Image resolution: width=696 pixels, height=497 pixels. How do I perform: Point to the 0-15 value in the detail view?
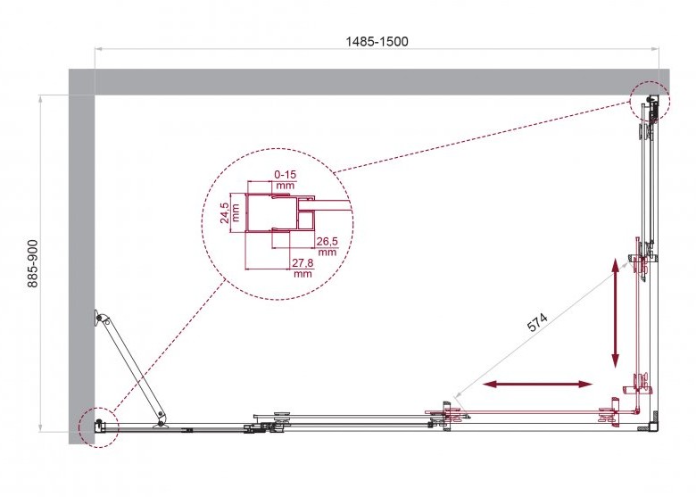coord(285,174)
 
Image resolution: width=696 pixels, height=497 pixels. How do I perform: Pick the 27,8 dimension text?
coord(302,262)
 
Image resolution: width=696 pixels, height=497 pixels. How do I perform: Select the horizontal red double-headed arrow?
coord(537,385)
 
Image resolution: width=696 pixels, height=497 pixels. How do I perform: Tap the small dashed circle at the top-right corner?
coord(649,100)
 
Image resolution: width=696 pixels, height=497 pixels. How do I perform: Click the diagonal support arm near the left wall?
coord(132,367)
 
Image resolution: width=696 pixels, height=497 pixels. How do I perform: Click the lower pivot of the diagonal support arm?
coord(162,420)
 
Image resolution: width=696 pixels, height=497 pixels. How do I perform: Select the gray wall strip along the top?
coord(375,81)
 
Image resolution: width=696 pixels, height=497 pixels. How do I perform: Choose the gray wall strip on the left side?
coord(81,259)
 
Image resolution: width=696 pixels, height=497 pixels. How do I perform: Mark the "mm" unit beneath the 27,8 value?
coord(302,274)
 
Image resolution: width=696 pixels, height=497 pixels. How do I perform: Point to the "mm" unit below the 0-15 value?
coord(285,186)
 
